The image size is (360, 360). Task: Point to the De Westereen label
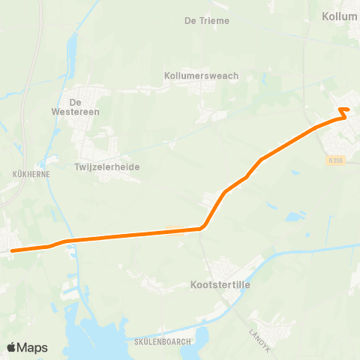pos(85,106)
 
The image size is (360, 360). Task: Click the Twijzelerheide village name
pos(107,167)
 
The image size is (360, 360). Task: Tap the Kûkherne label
pos(31,173)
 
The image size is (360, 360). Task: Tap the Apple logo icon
pos(11,347)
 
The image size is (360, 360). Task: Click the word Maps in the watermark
pos(34,347)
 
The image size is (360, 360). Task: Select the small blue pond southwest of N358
pos(291,217)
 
